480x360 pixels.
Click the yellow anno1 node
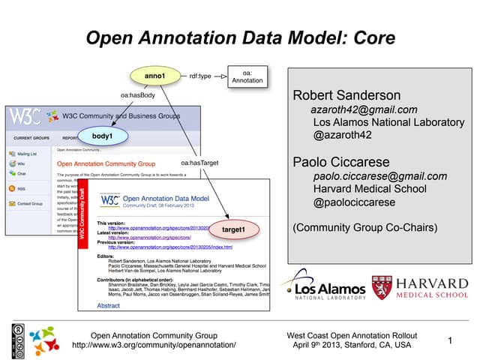[154, 76]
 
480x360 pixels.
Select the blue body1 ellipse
[103, 136]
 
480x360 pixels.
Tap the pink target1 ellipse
[239, 228]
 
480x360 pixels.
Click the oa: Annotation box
[247, 76]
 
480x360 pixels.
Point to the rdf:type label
[202, 76]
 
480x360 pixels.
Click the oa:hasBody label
[137, 95]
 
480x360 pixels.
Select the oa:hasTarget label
[200, 163]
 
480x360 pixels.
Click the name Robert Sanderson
[346, 96]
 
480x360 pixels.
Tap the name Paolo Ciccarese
[341, 162]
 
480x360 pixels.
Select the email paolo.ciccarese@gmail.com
[379, 176]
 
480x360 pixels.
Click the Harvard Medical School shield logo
[379, 288]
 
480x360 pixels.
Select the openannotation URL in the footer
[154, 345]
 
